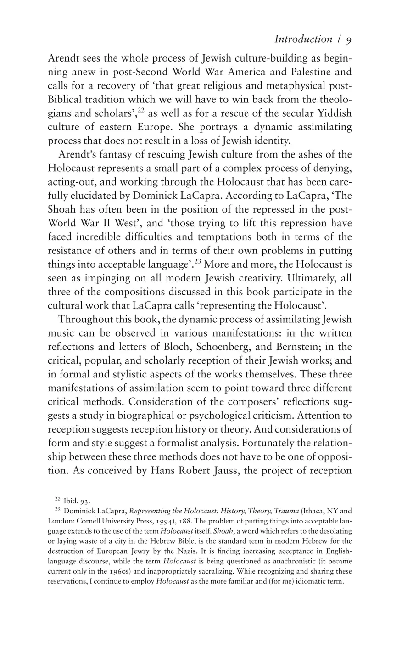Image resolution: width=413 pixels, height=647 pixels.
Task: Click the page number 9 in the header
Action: click(x=349, y=40)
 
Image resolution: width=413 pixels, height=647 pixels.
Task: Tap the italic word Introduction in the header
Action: click(x=303, y=39)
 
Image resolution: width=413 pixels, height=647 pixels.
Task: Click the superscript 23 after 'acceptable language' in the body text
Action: click(x=198, y=261)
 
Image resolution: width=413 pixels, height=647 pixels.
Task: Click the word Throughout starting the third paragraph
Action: click(x=87, y=320)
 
